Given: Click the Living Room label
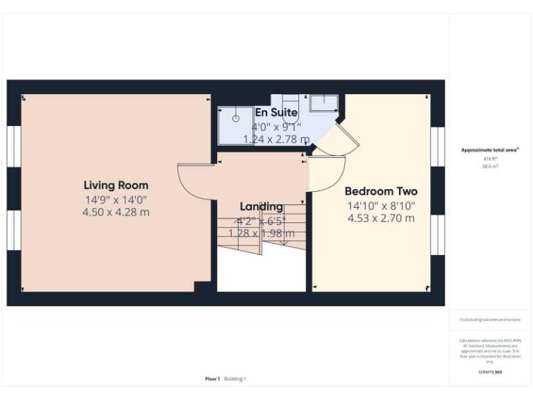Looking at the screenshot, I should tap(116, 185).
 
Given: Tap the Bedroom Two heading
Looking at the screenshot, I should tap(381, 191).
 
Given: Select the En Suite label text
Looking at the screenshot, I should tap(276, 112).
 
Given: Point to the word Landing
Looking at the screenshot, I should tap(261, 206).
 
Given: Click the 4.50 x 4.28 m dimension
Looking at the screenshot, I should tap(116, 212).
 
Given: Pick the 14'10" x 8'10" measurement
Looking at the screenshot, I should tap(381, 206).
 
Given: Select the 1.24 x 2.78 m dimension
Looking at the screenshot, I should tap(276, 139).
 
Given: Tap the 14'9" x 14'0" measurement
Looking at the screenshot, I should tap(116, 199).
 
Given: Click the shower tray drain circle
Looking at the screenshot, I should tap(235, 118).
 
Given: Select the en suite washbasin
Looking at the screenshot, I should tap(323, 103).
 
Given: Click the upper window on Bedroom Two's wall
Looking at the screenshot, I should tap(437, 146).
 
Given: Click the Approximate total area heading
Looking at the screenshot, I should tap(490, 150).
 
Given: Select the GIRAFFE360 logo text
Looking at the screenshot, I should tap(490, 372).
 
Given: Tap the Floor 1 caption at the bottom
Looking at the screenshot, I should tap(212, 379).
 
